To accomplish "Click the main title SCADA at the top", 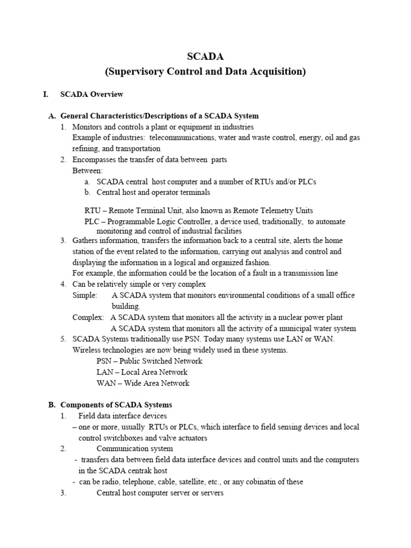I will click(205, 57).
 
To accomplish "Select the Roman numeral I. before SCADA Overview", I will click(46, 94).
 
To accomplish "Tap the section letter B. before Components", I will click(52, 405).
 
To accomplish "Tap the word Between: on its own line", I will click(87, 170).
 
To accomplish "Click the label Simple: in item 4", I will click(85, 295).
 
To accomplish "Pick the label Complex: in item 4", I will click(88, 317).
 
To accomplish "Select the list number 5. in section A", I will click(63, 339).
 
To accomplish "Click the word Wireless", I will click(87, 350).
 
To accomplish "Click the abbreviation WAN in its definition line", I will click(106, 383).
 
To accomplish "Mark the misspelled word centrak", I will click(141, 470).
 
